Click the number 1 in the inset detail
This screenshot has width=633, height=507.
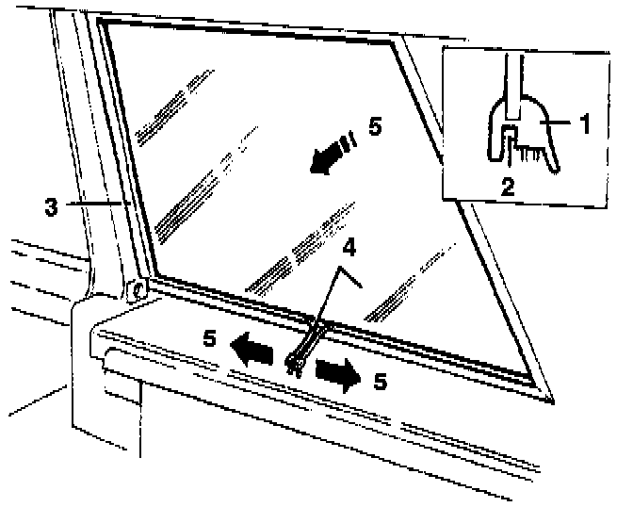coord(584,122)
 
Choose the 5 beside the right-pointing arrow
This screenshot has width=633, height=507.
coord(381,382)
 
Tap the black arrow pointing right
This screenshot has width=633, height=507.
coord(337,372)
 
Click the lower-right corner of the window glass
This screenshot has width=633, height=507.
coord(540,384)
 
